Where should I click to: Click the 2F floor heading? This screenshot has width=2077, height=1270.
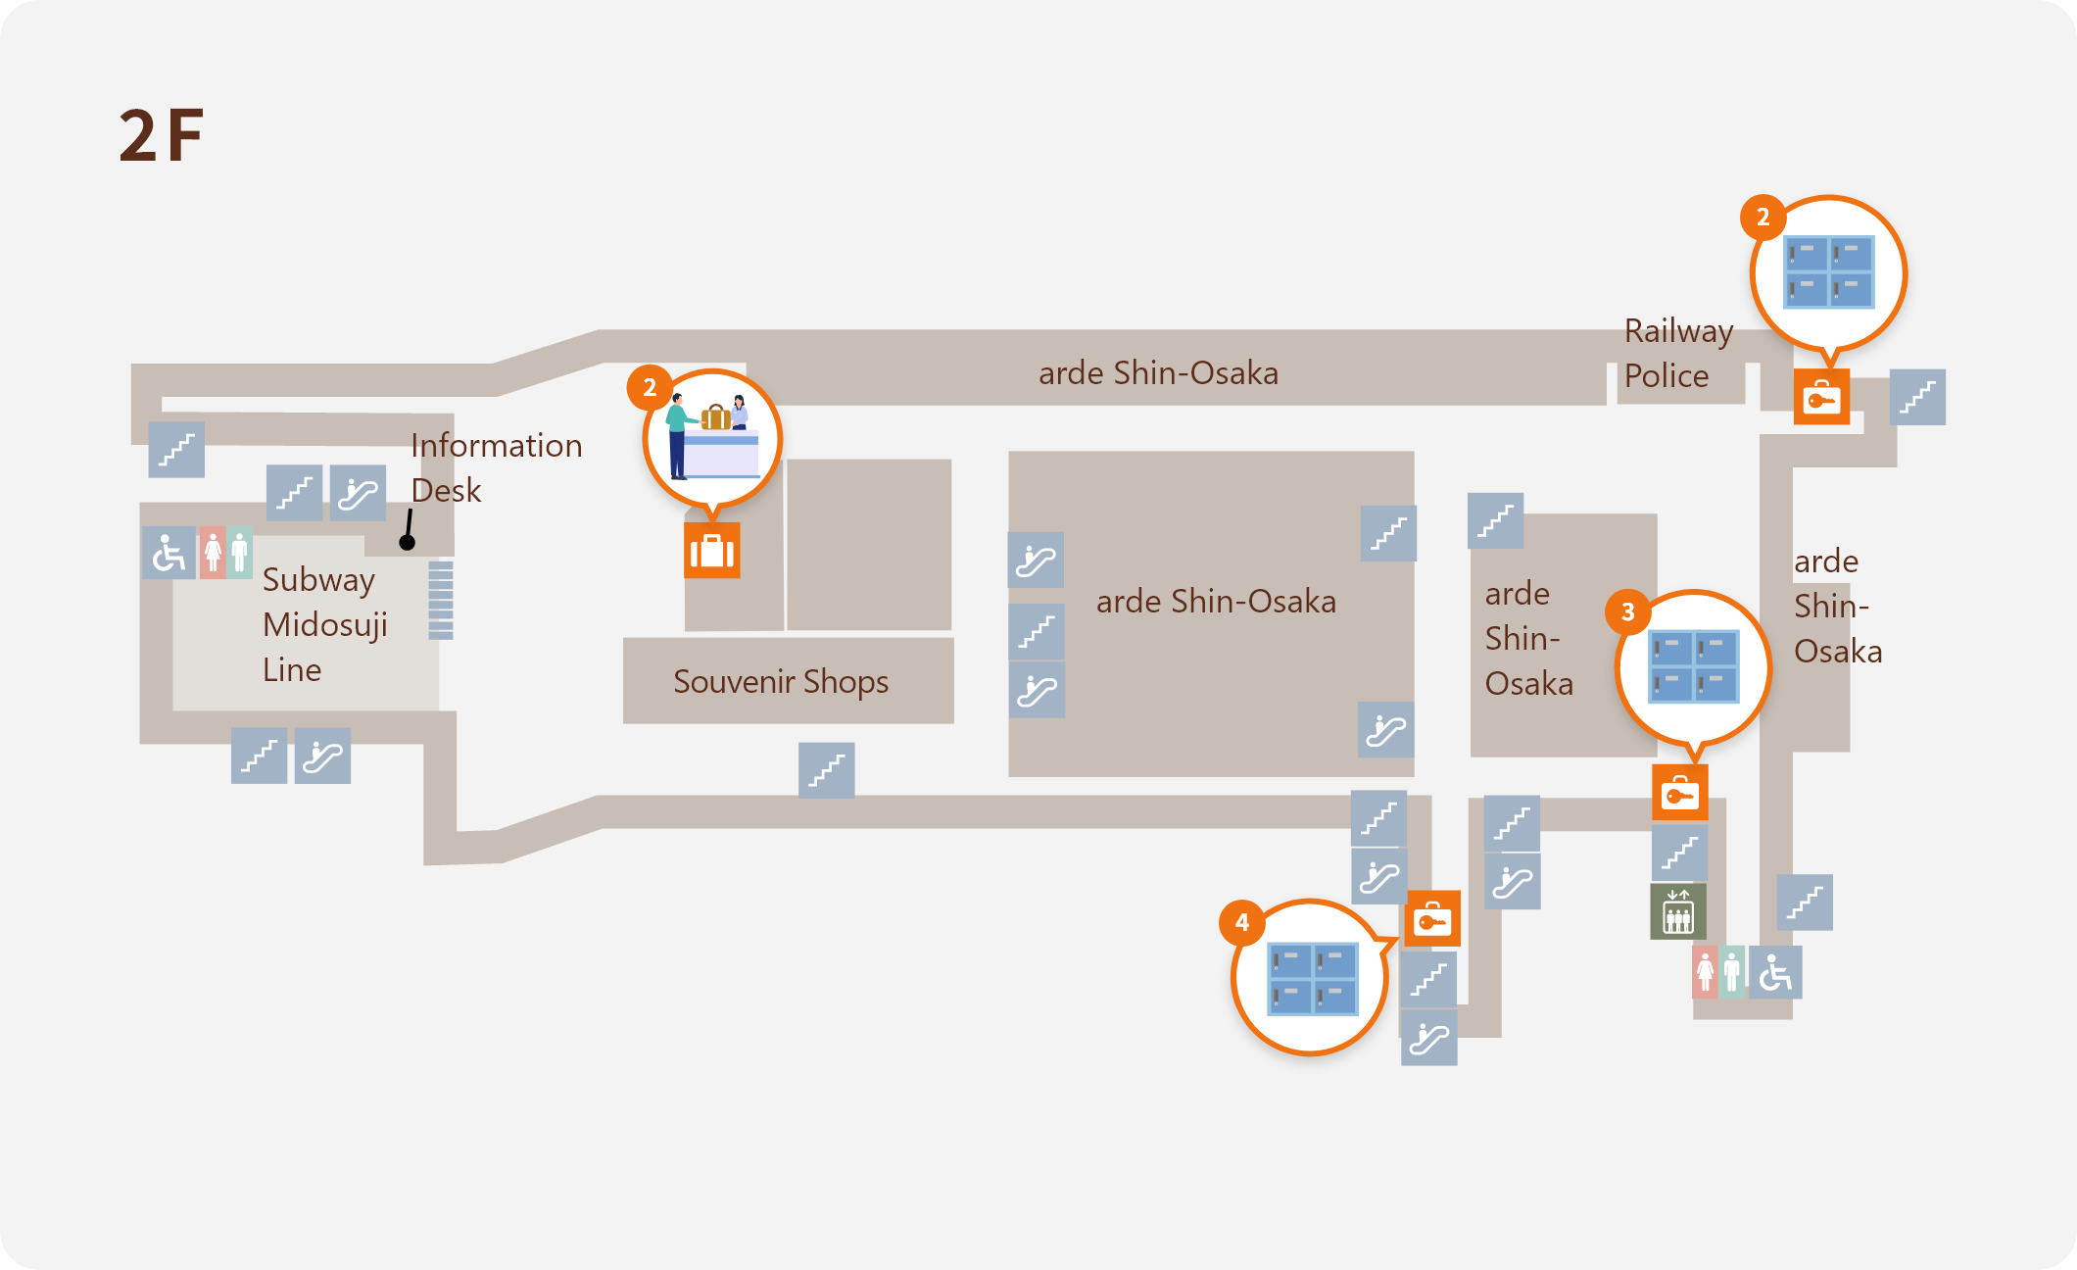click(x=162, y=135)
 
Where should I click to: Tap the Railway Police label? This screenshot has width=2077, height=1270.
click(x=1678, y=354)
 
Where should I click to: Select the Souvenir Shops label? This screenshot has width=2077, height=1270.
click(x=781, y=682)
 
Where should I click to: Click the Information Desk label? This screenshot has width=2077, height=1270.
click(x=496, y=467)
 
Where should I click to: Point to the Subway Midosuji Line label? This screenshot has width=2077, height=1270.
click(x=324, y=625)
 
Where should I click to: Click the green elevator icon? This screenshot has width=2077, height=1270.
click(x=1678, y=911)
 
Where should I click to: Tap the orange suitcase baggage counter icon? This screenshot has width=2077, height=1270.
click(x=712, y=551)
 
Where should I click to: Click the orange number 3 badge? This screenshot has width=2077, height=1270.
click(x=1627, y=612)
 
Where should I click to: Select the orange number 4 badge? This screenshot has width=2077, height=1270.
click(x=1241, y=922)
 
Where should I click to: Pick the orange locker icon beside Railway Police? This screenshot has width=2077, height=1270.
click(x=1821, y=397)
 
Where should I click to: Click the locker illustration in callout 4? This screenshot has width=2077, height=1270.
click(x=1312, y=979)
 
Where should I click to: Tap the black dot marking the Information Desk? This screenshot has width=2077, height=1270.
click(x=408, y=542)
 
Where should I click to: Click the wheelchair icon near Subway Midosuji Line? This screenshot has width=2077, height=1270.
click(x=169, y=554)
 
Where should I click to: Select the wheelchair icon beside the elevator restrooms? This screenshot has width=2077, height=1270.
click(x=1774, y=973)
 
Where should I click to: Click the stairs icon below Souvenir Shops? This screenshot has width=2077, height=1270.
click(x=827, y=770)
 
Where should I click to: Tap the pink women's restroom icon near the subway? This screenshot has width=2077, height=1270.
click(x=213, y=554)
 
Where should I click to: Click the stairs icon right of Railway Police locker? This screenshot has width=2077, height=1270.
click(x=1917, y=397)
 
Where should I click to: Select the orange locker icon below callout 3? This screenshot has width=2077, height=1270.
click(x=1680, y=793)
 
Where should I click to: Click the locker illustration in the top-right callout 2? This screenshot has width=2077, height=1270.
click(x=1828, y=271)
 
